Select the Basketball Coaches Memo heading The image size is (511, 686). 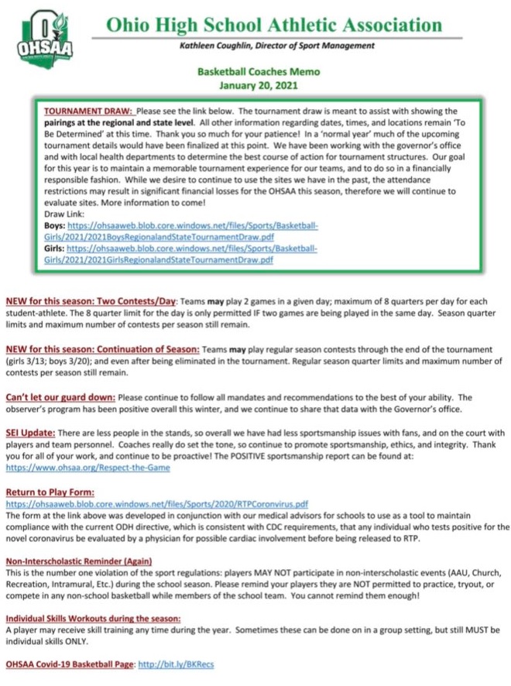pos(258,72)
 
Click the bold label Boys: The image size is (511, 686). pos(54,226)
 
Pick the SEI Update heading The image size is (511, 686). pos(29,434)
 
